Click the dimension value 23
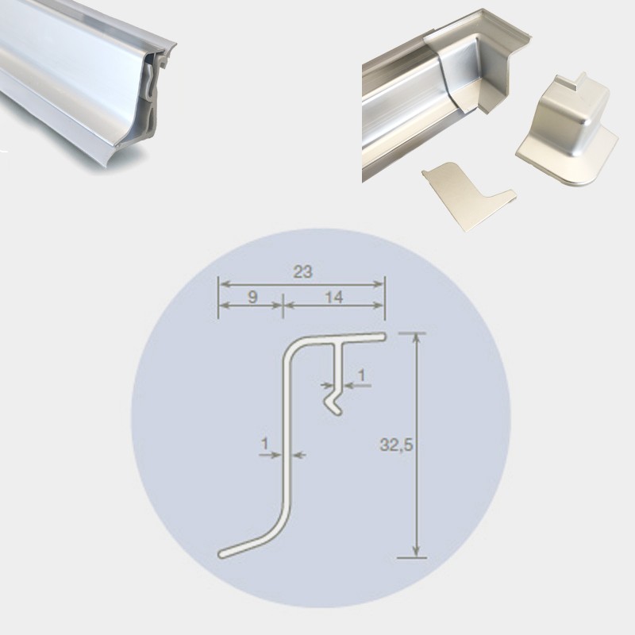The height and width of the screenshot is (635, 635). pos(302,272)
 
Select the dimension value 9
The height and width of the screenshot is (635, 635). pos(252,297)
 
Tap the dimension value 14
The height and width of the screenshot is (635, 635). pos(333,297)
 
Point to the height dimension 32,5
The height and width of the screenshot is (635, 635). pos(396,445)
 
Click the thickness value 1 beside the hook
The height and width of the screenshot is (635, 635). pos(362,375)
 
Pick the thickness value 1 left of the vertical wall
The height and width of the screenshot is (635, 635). pos(264,444)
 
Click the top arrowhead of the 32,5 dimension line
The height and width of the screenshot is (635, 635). pos(416,338)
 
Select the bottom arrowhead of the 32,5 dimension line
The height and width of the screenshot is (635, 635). pos(416,551)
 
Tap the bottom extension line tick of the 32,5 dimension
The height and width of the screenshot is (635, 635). pos(412,558)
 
